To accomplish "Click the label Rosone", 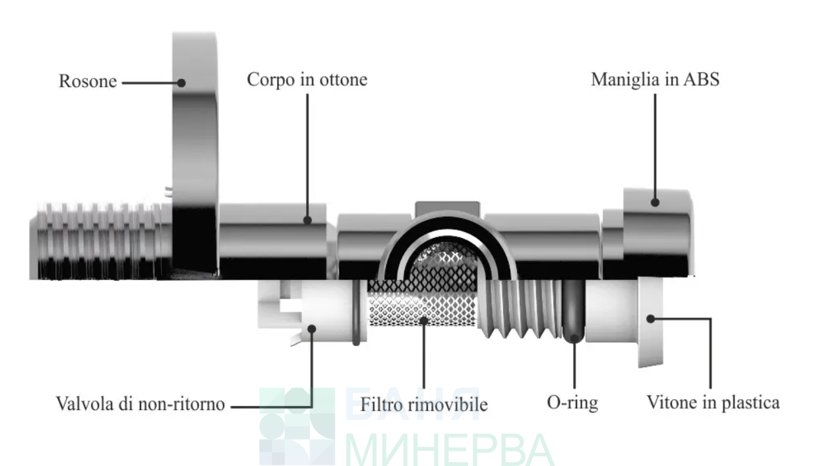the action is click(x=88, y=81).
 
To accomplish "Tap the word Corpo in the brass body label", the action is click(x=270, y=80).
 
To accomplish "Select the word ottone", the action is click(x=343, y=80).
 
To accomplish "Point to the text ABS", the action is click(x=701, y=80).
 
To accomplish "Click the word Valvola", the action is click(x=84, y=403).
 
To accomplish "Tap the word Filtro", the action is click(x=380, y=405).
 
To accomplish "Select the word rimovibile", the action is click(x=448, y=405).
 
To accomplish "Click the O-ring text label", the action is click(x=572, y=403).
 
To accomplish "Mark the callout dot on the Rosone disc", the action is click(x=181, y=83).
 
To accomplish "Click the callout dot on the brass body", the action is click(x=307, y=220).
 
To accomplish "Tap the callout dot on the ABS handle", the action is click(x=655, y=202).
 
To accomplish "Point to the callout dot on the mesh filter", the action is click(x=424, y=320).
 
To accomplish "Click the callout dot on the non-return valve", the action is click(x=312, y=329).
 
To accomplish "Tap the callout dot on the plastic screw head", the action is click(x=651, y=319).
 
